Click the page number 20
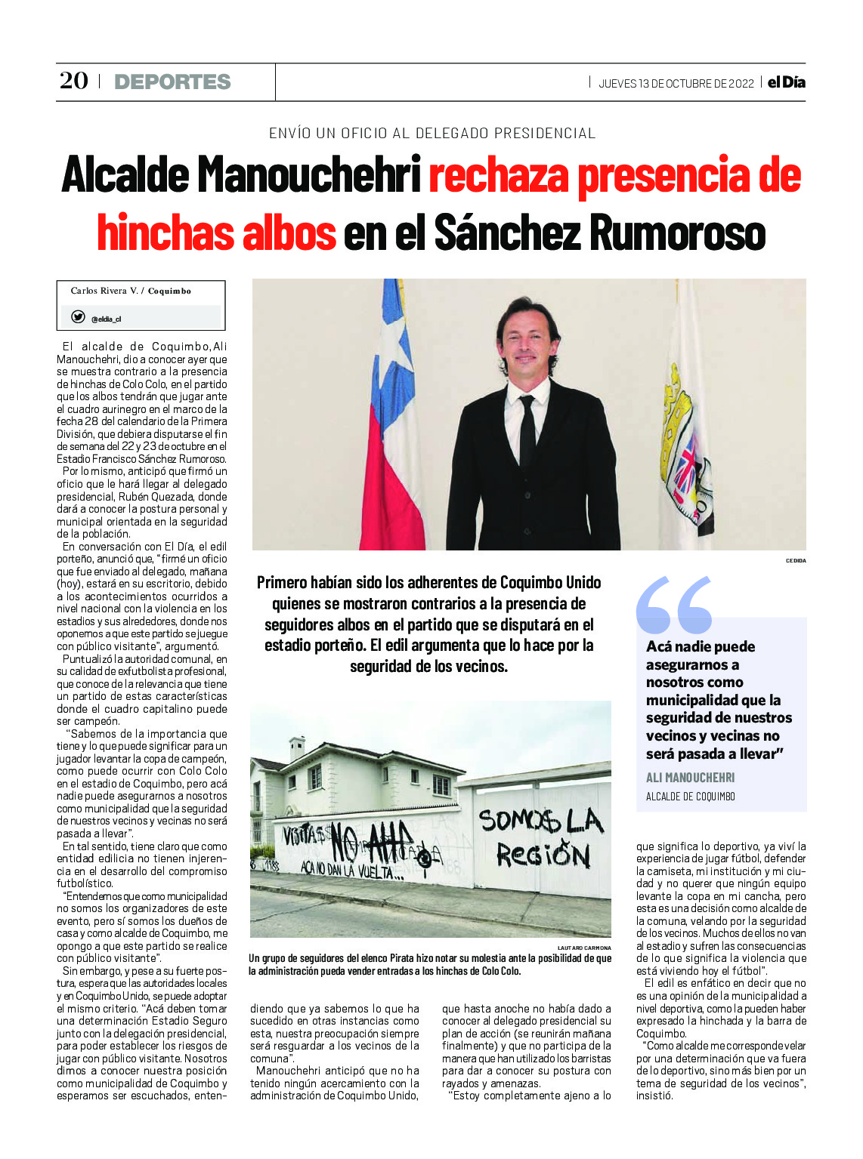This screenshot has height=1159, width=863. point(74,81)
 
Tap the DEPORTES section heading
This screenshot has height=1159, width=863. point(172,82)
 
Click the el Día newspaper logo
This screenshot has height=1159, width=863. point(787,82)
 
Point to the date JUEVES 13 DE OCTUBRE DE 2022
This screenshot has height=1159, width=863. point(676,84)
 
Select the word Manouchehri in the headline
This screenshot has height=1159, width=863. point(310,175)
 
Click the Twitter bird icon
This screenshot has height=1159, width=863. point(78,317)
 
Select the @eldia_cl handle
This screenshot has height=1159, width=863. point(106,319)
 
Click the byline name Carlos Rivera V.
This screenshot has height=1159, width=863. point(104,291)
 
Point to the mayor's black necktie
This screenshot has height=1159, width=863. point(527,430)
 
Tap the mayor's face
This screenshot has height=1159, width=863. point(527,344)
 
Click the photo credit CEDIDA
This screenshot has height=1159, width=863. point(795,561)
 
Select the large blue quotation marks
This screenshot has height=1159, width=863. point(674,604)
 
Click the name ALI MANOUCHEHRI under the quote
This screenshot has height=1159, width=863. point(690,778)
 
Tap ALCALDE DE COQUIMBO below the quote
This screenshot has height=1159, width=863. point(690,797)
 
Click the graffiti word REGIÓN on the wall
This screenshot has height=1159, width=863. point(543,855)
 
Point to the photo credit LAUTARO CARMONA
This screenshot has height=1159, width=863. point(584,948)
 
